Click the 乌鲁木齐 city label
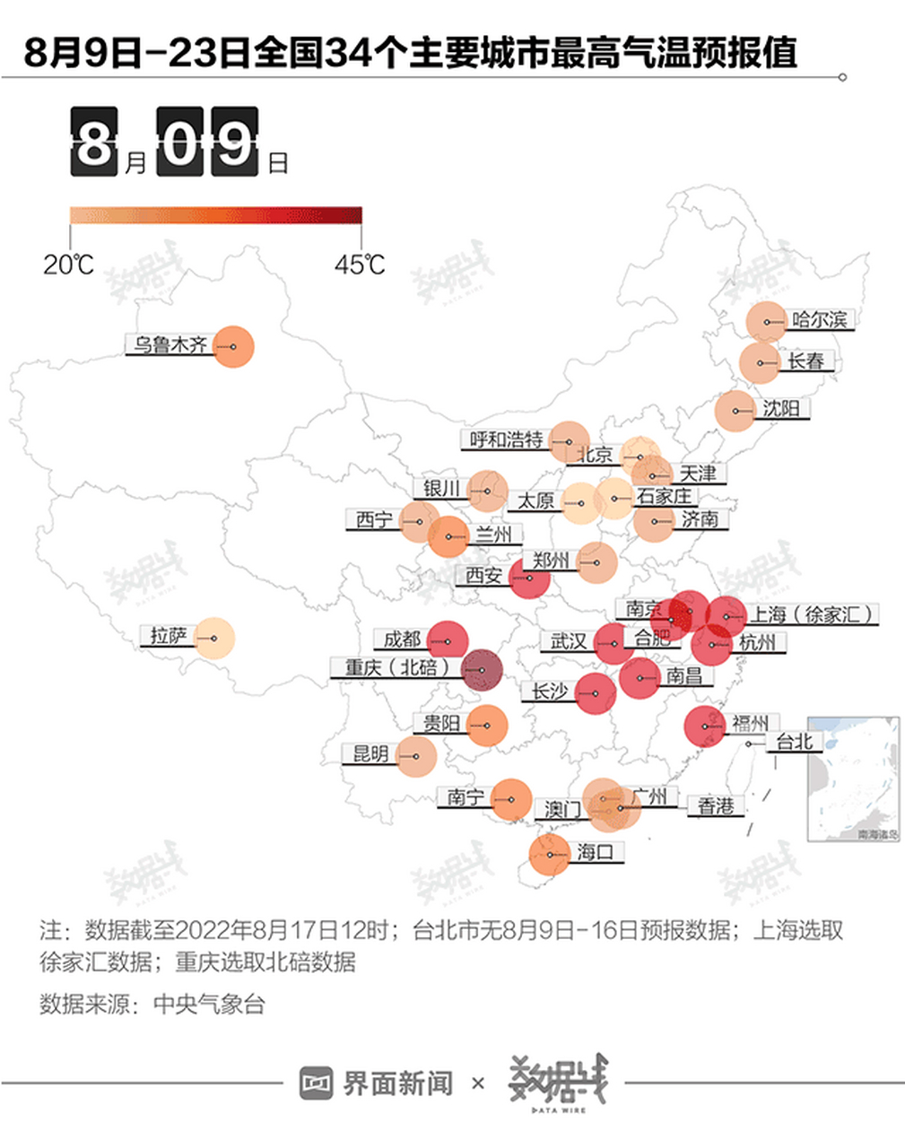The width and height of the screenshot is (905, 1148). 170,344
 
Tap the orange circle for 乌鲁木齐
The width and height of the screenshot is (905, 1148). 233,346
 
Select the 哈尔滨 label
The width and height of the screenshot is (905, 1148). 819,319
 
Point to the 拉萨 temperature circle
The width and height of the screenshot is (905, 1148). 214,639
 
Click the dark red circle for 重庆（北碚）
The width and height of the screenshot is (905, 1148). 482,670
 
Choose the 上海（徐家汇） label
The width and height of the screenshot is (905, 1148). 811,614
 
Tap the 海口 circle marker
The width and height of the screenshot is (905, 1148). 549,854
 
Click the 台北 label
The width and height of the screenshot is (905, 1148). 794,742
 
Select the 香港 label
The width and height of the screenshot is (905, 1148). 716,806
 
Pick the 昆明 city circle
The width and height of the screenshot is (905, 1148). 416,756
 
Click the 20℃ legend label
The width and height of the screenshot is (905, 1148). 68,265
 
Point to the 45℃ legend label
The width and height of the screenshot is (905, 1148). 360,265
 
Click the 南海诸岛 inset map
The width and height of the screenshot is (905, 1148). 853,778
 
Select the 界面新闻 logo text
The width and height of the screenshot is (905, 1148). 397,1083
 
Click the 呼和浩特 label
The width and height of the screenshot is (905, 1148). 507,439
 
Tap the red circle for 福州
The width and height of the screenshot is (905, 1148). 705,726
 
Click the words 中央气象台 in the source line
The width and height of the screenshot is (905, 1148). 210,1004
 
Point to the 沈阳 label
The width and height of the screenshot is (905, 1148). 781,409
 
